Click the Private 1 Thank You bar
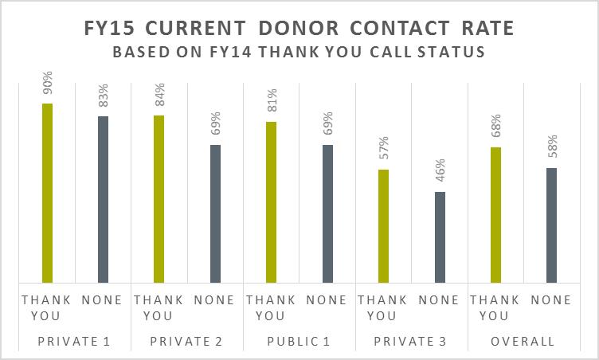tap(47, 193)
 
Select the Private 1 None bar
tap(103, 199)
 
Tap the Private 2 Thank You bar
tap(159, 198)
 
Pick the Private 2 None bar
tap(215, 213)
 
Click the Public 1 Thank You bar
tap(271, 202)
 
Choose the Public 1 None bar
tap(327, 213)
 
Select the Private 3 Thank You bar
tap(383, 225)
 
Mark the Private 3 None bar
tap(440, 237)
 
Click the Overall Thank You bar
tap(495, 214)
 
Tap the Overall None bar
tap(551, 225)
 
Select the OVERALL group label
tap(523, 342)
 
